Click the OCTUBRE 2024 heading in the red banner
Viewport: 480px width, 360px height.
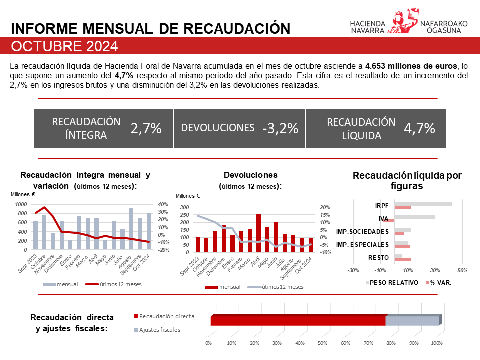point(65,46)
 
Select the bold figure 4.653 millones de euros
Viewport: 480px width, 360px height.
point(411,66)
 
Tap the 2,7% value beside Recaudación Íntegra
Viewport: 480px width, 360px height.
point(146,128)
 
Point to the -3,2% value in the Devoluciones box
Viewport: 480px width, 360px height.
point(280,128)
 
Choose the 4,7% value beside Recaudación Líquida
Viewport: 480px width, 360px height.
point(419,128)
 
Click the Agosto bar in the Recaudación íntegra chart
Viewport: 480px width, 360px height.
point(131,229)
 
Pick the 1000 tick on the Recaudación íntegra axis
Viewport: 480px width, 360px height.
point(21,204)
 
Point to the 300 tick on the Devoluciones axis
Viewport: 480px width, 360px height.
point(185,207)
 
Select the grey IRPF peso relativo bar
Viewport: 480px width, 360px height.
point(423,204)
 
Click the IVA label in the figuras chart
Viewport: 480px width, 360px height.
point(384,218)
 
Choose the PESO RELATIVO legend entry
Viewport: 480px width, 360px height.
point(399,282)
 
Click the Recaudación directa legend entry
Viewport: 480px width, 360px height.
point(167,316)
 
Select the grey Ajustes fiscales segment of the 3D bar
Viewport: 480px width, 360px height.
point(412,321)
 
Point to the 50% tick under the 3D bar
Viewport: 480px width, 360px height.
point(322,343)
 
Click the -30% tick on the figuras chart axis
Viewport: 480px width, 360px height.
point(353,270)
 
